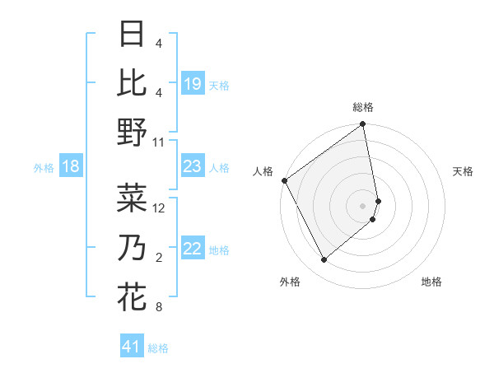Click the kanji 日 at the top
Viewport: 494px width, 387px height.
[132, 34]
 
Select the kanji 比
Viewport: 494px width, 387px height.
[132, 83]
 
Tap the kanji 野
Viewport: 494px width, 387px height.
[132, 133]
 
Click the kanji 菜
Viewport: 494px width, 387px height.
[132, 198]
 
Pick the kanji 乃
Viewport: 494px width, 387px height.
[132, 247]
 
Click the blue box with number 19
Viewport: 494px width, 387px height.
[193, 84]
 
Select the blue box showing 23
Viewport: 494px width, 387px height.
[193, 167]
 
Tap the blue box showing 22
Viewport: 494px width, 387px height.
[193, 249]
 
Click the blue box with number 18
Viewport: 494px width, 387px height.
[71, 167]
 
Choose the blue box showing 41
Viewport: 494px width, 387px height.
[132, 347]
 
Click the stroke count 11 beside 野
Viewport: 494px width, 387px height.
[159, 142]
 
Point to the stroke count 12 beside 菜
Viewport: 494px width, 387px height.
[159, 208]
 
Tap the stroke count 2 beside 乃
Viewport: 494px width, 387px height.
[159, 258]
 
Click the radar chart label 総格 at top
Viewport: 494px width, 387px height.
[363, 107]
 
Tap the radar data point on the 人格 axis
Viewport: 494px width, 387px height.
[284, 180]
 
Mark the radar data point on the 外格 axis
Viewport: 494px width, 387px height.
[324, 260]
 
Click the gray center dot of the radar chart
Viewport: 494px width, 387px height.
[363, 205]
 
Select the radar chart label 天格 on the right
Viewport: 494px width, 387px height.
[463, 171]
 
